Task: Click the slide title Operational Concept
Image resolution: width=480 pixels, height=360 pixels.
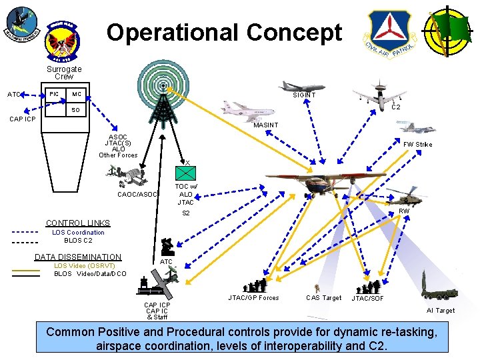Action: [225, 31]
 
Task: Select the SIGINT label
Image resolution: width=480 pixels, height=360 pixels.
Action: [305, 95]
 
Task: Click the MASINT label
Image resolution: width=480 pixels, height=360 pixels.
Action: [266, 125]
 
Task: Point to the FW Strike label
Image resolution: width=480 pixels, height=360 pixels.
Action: [417, 144]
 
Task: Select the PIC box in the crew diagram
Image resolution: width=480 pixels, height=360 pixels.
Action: [53, 93]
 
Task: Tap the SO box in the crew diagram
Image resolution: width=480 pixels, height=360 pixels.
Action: [75, 109]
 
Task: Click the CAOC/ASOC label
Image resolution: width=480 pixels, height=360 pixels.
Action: [137, 195]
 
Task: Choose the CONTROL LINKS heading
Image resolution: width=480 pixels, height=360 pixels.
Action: [77, 223]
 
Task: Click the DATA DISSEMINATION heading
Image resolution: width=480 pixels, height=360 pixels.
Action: [78, 257]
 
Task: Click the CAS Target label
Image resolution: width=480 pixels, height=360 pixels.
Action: [323, 297]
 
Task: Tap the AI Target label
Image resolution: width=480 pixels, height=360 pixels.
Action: [441, 311]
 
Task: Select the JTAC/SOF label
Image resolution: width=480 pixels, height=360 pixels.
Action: [368, 298]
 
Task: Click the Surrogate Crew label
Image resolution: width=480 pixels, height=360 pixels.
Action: [64, 73]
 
